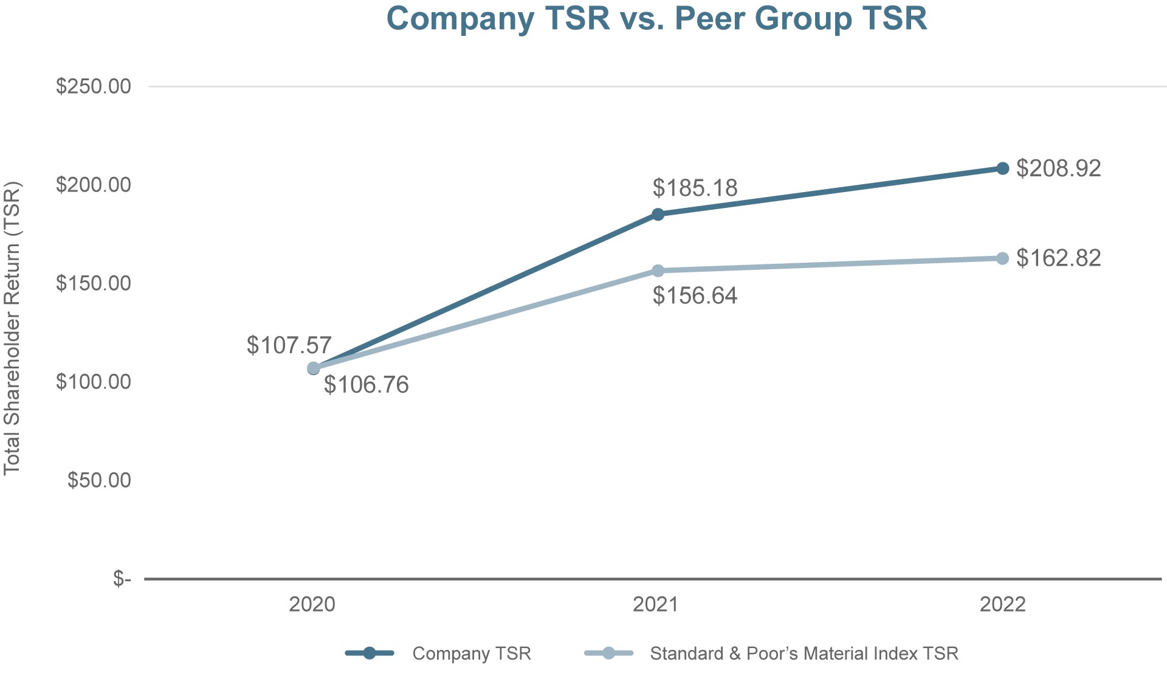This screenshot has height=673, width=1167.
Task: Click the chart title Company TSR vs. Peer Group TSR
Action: [x=656, y=18]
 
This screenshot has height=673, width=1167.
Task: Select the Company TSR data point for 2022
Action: [x=1002, y=168]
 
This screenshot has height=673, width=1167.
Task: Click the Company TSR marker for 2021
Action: [x=658, y=214]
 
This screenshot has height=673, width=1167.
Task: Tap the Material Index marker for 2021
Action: [x=658, y=271]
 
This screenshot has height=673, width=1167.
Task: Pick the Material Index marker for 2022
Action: [x=1002, y=258]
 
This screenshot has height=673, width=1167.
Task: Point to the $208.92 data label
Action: [x=1058, y=168]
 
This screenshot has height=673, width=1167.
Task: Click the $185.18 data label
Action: [x=695, y=188]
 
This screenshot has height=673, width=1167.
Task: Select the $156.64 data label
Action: [x=695, y=295]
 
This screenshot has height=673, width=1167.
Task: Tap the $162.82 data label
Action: [x=1058, y=258]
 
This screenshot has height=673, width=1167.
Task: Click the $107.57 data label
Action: [x=289, y=345]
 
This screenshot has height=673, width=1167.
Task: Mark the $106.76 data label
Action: [x=366, y=385]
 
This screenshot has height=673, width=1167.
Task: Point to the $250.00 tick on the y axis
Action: [x=94, y=86]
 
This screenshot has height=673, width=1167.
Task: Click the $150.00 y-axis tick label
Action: [x=94, y=283]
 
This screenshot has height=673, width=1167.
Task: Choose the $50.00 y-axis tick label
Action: [x=99, y=480]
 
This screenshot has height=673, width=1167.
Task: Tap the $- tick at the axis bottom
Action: [x=122, y=579]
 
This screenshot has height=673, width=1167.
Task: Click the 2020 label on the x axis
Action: [x=312, y=604]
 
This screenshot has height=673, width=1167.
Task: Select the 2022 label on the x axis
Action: [x=1002, y=604]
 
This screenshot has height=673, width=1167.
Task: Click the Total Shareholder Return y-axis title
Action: [x=12, y=328]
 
